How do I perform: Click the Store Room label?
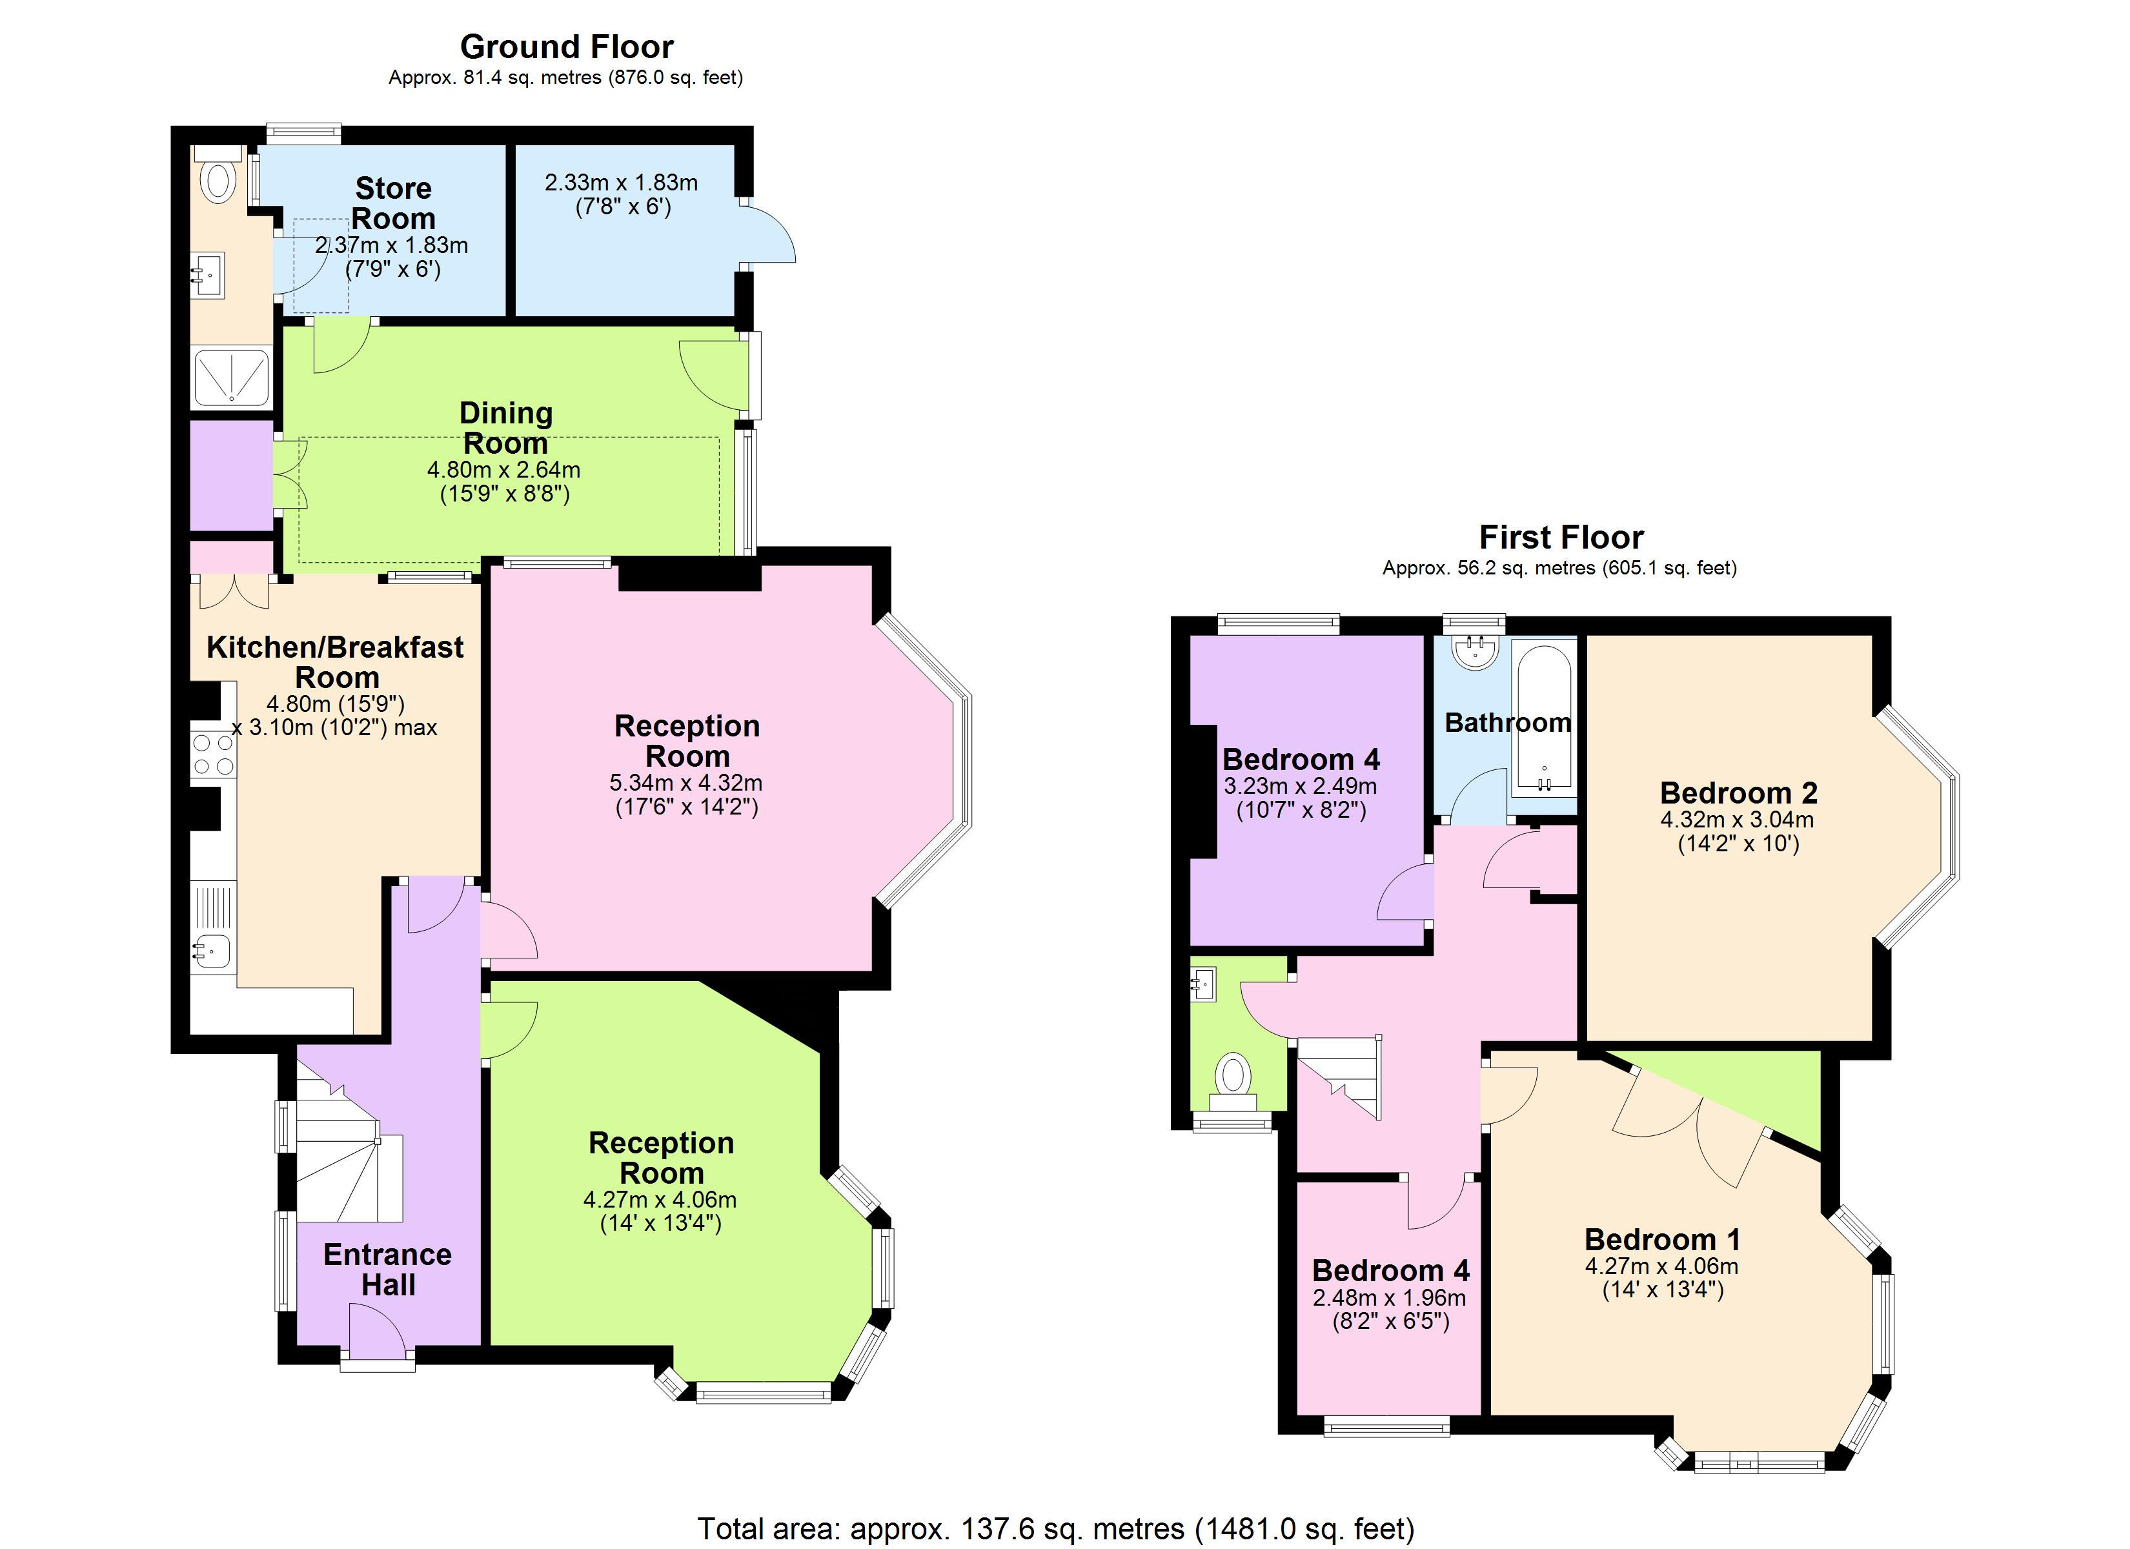[x=394, y=203]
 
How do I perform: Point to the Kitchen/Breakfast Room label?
[x=335, y=662]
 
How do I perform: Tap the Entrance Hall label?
[x=387, y=1269]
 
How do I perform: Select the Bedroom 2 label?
[x=1738, y=792]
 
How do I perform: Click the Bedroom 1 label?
[x=1662, y=1239]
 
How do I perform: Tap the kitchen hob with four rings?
[x=213, y=755]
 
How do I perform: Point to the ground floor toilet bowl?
[x=219, y=179]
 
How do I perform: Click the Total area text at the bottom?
[x=1055, y=1528]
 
